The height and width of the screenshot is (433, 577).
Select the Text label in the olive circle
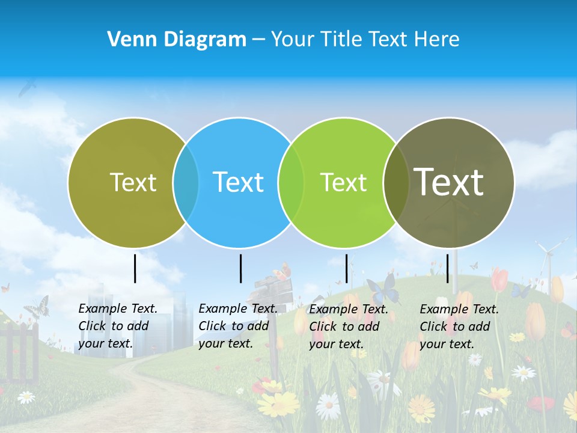point(133,182)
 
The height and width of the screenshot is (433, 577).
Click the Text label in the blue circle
point(238,182)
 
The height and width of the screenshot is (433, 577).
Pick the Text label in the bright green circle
point(343,182)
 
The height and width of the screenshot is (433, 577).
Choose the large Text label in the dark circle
point(448,182)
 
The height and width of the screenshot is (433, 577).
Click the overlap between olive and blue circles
point(186,182)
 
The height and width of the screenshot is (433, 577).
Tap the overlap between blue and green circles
point(291,182)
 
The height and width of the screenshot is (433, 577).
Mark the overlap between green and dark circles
point(395,182)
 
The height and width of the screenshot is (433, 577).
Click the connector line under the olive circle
point(135,268)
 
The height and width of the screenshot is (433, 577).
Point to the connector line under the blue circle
point(240,268)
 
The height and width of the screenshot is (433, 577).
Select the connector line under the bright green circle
point(346,268)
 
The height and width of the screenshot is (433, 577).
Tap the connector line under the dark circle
point(447,268)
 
